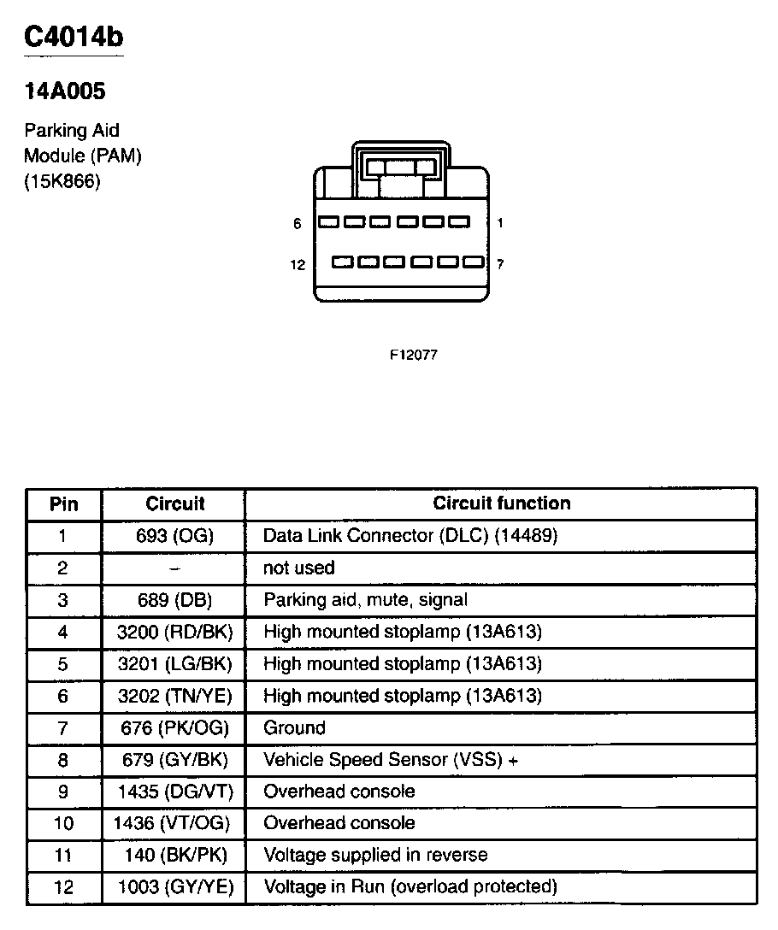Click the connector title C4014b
74,38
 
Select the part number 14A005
65,91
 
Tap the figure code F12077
413,355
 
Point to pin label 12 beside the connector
298,265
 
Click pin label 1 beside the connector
500,223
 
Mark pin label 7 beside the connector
500,264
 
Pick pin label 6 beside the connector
298,224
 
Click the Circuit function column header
501,503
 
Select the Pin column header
63,504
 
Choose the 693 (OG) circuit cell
174,536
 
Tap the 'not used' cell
298,568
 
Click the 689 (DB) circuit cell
174,600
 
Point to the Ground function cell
294,728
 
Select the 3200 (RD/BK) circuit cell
174,633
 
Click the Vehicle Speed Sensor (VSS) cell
391,760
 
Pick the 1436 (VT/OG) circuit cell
174,823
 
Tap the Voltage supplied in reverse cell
375,855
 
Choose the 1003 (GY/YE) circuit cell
174,886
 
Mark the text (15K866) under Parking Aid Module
62,182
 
